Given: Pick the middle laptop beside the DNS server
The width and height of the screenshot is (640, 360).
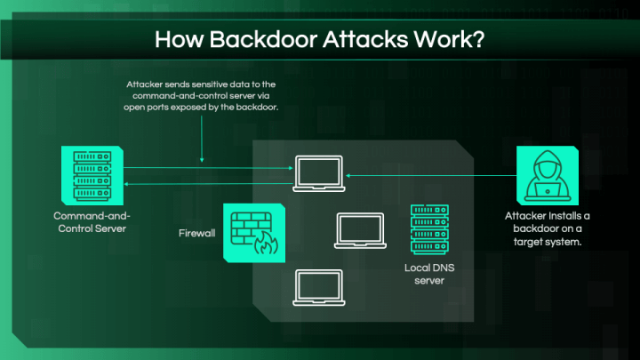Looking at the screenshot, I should pos(359,229).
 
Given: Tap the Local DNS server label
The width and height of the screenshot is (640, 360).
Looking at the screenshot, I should pos(428,274).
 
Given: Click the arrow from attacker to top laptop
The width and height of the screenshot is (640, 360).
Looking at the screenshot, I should pos(427,175).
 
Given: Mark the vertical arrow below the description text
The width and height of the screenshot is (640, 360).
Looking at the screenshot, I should pos(203,138).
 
